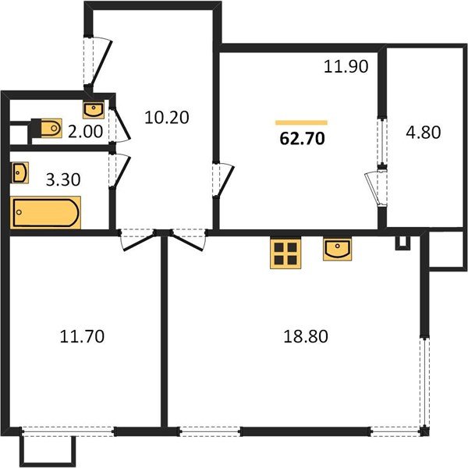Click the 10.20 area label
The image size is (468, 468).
coord(167,117)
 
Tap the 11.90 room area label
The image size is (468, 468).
coord(346,66)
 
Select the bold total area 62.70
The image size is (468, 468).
coord(302,139)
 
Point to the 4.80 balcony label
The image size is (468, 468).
coord(424,133)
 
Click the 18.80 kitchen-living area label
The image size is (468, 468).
coord(306,336)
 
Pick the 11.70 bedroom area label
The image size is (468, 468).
coord(82,336)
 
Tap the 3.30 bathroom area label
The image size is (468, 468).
coord(63,180)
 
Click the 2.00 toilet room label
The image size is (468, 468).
coord(85,132)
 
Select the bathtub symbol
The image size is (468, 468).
coord(45,212)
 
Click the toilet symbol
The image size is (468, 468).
coord(47,129)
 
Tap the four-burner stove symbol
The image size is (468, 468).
coord(285,253)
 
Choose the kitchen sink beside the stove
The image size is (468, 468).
coord(337,250)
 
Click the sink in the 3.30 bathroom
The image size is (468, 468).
coord(20,172)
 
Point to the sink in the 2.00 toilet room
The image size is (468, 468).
coord(94,110)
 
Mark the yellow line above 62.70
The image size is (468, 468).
coord(301,122)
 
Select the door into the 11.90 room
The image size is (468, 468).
coord(224,180)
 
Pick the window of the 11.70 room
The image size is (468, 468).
coord(68,431)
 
